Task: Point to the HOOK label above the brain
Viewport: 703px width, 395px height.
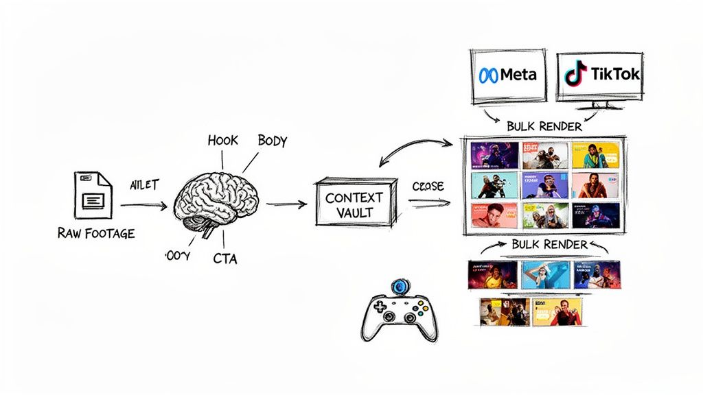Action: (222, 141)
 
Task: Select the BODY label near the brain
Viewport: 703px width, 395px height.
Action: (272, 141)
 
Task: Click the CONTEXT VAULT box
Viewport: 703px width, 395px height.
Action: (354, 204)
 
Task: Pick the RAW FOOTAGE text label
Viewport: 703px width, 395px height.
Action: (97, 233)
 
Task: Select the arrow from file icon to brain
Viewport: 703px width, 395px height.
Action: (143, 204)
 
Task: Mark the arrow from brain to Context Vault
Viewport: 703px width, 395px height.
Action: (287, 204)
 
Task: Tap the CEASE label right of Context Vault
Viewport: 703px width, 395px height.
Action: (428, 187)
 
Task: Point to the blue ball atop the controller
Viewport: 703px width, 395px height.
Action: (400, 286)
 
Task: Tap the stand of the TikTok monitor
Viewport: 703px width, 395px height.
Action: (600, 105)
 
